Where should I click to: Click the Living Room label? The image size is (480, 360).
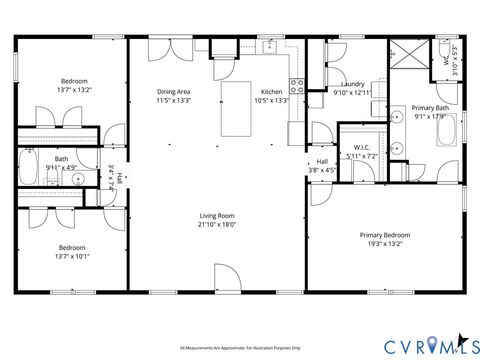click(217, 215)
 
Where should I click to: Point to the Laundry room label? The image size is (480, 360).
click(351, 84)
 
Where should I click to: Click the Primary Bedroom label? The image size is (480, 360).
click(385, 235)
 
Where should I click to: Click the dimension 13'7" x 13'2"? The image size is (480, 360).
click(72, 89)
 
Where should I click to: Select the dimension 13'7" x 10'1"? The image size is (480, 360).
click(72, 255)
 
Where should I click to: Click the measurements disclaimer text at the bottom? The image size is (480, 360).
click(240, 348)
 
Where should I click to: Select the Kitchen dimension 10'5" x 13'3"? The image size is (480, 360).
click(271, 100)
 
